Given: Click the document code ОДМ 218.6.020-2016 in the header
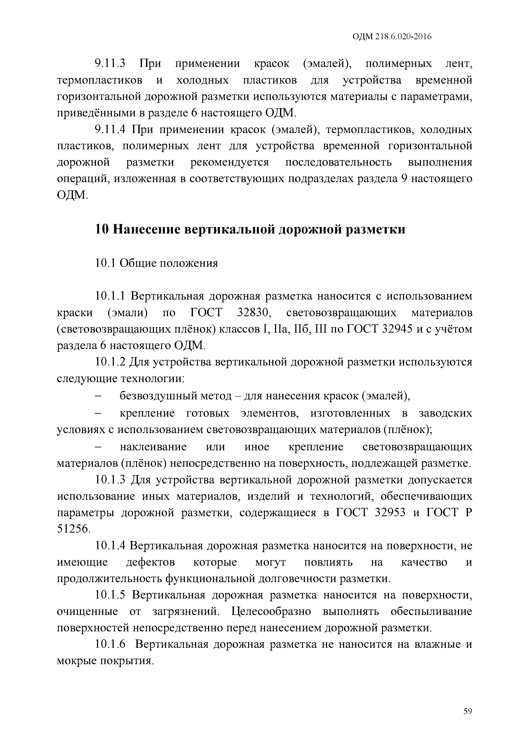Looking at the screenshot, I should tap(392, 37).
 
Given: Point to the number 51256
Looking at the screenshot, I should tap(72, 529).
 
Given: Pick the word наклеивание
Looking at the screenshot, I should tap(153, 446).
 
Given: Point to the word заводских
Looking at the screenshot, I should tap(445, 413).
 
